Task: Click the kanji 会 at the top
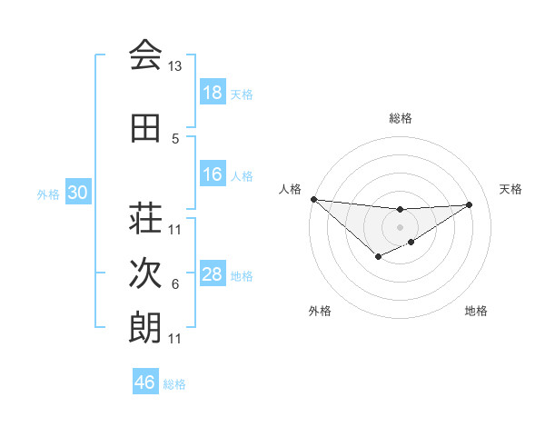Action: point(145,56)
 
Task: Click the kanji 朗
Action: point(145,328)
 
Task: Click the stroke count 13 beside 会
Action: point(175,66)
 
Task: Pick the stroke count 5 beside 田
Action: point(175,139)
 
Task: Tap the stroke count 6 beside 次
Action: point(175,284)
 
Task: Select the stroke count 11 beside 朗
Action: point(175,339)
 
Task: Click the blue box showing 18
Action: point(213,93)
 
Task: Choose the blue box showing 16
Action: point(213,174)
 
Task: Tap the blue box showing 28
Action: point(213,274)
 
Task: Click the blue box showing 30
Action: point(77,193)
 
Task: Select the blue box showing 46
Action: point(145,382)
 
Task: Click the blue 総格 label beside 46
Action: point(174,384)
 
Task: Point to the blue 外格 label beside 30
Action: point(48,194)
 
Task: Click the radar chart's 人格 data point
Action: point(313,199)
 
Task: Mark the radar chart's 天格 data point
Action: point(470,204)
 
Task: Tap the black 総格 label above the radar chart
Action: point(400,118)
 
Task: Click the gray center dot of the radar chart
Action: point(400,226)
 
